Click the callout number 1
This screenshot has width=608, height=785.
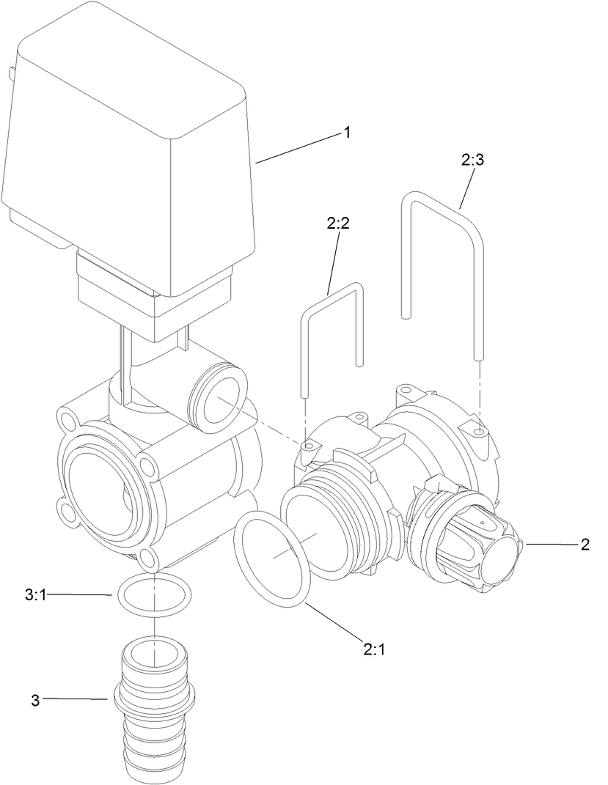click(347, 133)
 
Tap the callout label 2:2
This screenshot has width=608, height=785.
click(338, 224)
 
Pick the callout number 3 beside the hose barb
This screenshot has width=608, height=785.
click(35, 699)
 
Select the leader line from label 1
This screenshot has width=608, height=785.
click(297, 147)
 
